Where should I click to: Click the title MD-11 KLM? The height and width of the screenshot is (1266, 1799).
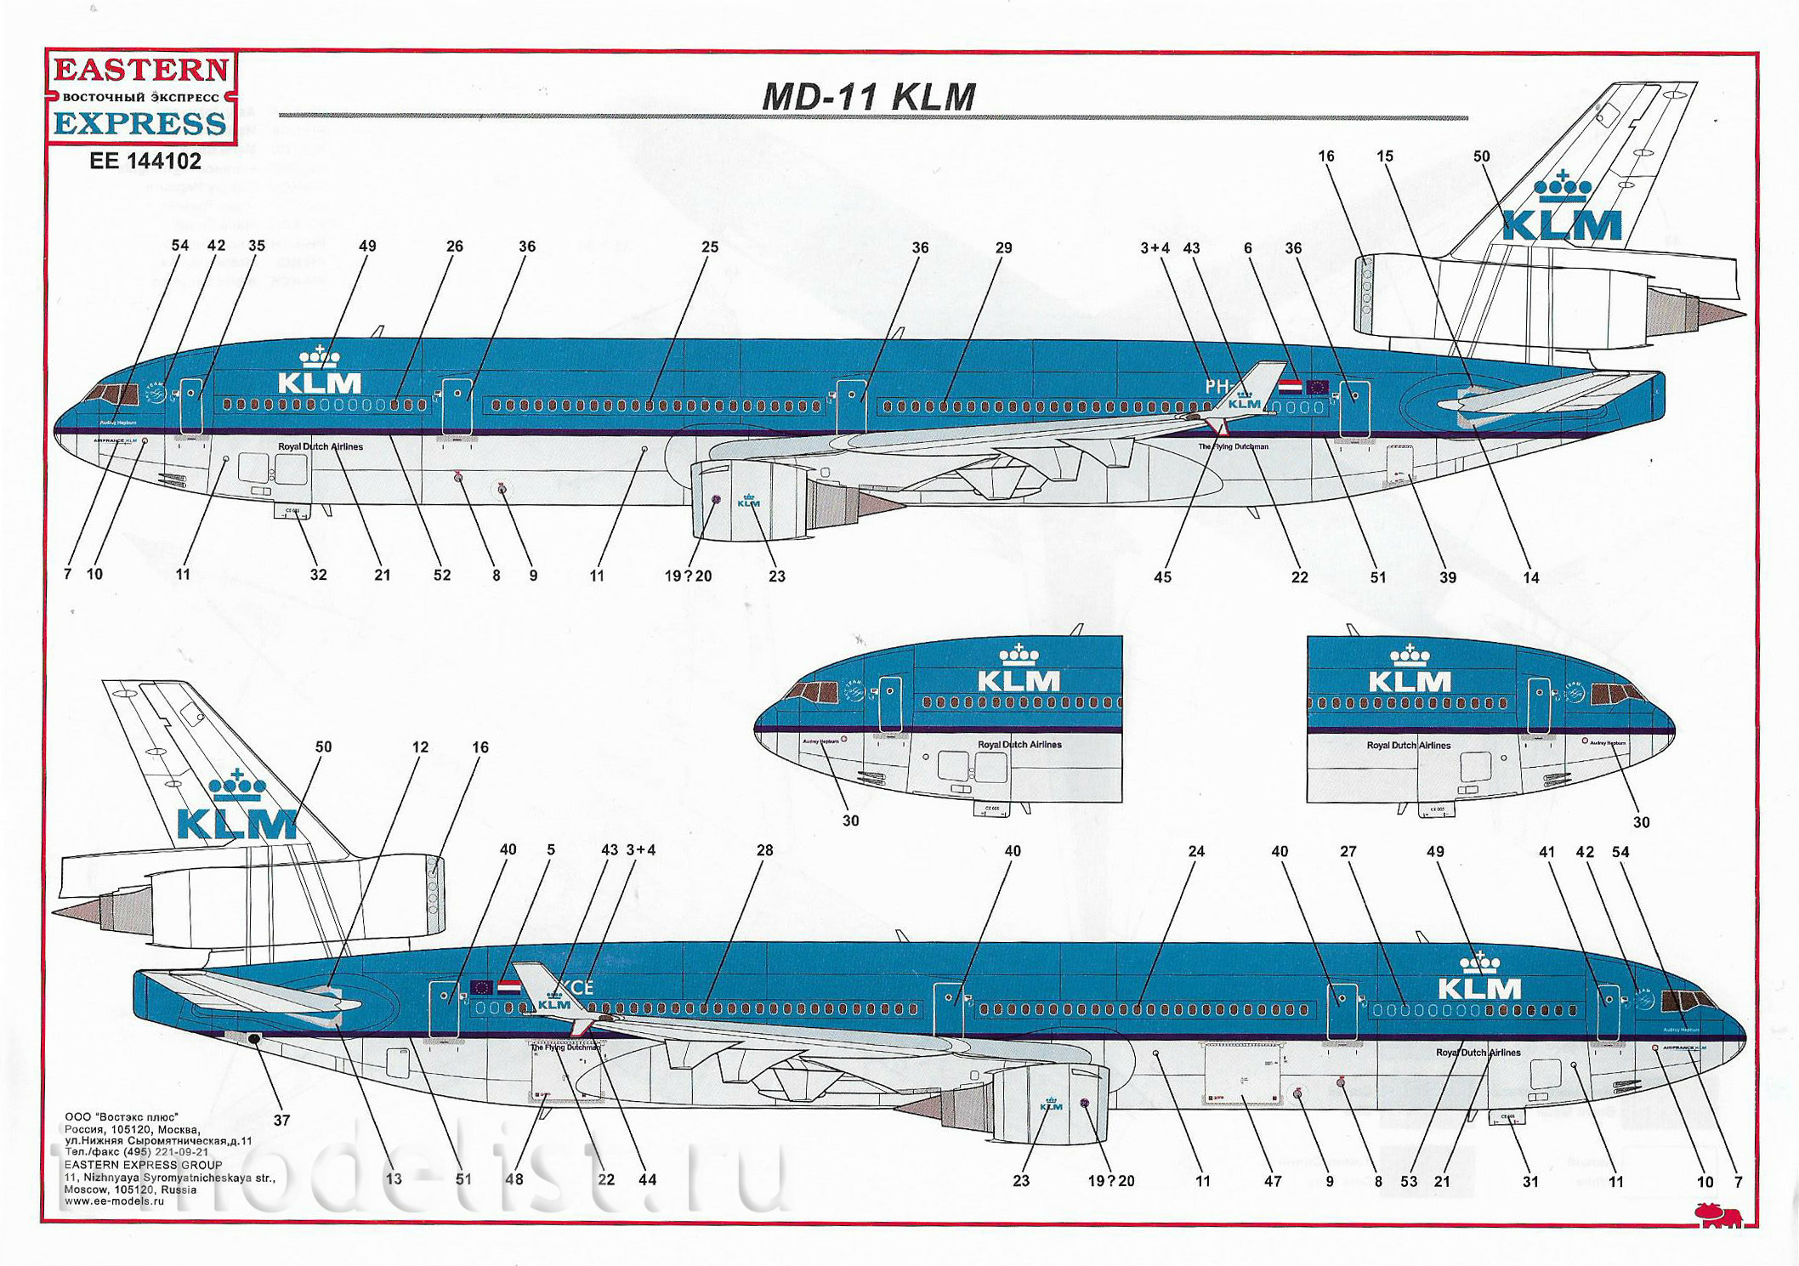pyautogui.click(x=868, y=97)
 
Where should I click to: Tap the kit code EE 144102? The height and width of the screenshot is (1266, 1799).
pyautogui.click(x=145, y=161)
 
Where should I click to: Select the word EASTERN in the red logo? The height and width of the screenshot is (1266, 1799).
pyautogui.click(x=141, y=70)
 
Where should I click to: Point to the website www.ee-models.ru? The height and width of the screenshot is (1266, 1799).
pyautogui.click(x=114, y=1201)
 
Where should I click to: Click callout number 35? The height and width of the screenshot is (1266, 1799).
pyautogui.click(x=256, y=246)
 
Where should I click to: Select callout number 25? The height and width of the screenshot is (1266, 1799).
pyautogui.click(x=709, y=247)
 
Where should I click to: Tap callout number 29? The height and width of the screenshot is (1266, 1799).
pyautogui.click(x=1003, y=248)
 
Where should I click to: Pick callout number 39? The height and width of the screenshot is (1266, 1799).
pyautogui.click(x=1447, y=577)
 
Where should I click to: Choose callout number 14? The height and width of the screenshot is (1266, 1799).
pyautogui.click(x=1530, y=578)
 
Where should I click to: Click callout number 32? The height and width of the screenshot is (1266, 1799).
pyautogui.click(x=318, y=575)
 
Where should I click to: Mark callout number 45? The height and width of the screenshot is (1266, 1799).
pyautogui.click(x=1162, y=577)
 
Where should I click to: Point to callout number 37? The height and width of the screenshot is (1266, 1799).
pyautogui.click(x=281, y=1121)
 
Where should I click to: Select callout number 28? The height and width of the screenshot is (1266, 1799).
pyautogui.click(x=764, y=850)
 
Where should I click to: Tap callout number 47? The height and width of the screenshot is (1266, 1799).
pyautogui.click(x=1272, y=1181)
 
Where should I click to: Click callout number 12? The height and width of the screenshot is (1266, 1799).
pyautogui.click(x=420, y=747)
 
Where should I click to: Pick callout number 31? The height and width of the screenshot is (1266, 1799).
pyautogui.click(x=1529, y=1182)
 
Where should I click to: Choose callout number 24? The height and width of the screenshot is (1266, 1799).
pyautogui.click(x=1196, y=851)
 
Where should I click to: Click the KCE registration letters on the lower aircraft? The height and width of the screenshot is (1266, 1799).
pyautogui.click(x=576, y=988)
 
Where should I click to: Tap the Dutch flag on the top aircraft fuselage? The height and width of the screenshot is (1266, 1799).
pyautogui.click(x=1290, y=386)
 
